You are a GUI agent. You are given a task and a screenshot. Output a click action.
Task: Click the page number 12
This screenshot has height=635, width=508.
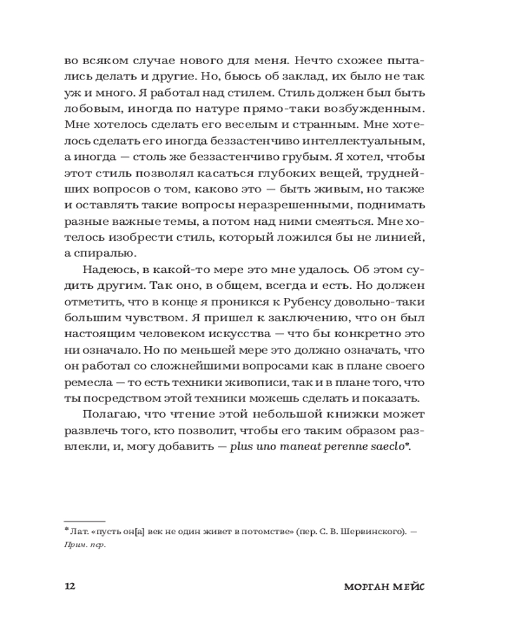[70, 586]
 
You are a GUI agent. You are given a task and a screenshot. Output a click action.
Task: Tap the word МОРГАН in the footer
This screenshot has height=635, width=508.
[367, 586]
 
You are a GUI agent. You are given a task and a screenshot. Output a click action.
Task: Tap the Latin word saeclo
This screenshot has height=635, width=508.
[390, 448]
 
